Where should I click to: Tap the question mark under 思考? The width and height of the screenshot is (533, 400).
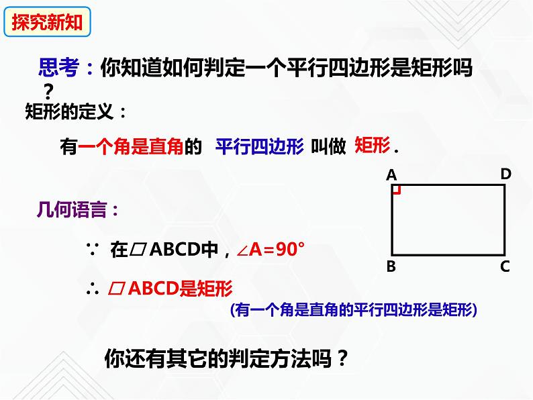coord(48,90)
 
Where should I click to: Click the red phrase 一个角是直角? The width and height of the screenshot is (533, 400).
coord(132,148)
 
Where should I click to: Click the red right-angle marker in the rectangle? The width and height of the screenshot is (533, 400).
coord(396,190)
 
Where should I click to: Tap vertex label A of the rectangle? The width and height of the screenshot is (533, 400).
coord(392,175)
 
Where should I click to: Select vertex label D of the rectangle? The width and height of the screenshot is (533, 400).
coord(505,174)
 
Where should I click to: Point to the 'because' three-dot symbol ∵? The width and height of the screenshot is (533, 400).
coord(93,250)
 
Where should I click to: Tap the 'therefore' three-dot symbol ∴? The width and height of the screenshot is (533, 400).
coord(93,289)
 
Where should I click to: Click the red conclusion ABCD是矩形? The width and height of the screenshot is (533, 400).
coord(176,289)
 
